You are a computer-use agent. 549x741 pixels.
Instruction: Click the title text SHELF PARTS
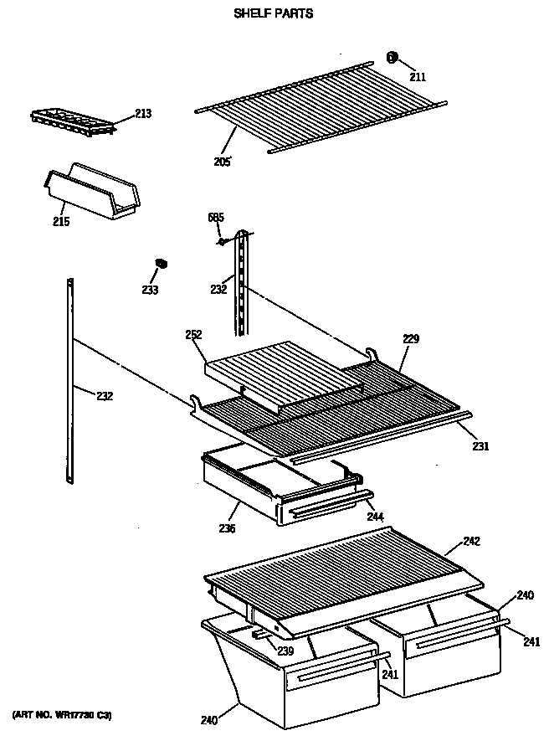coord(274,14)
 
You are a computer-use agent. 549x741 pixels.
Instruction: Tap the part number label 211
coord(418,77)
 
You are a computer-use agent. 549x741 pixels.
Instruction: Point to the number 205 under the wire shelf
coord(222,161)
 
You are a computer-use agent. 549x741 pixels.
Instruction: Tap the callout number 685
coord(216,219)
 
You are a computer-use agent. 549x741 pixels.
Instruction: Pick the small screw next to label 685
coord(223,241)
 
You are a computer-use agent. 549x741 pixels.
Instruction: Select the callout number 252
coord(194,335)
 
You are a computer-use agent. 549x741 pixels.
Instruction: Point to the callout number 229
coord(410,339)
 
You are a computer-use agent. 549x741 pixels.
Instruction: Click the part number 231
coord(480,446)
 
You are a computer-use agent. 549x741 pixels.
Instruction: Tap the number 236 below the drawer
coord(227,528)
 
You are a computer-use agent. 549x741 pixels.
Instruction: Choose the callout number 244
coord(376,517)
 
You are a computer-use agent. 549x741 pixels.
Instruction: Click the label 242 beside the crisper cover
coord(471,542)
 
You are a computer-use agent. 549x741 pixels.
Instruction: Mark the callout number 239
coord(285,651)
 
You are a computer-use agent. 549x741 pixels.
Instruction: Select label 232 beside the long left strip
coord(105,396)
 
